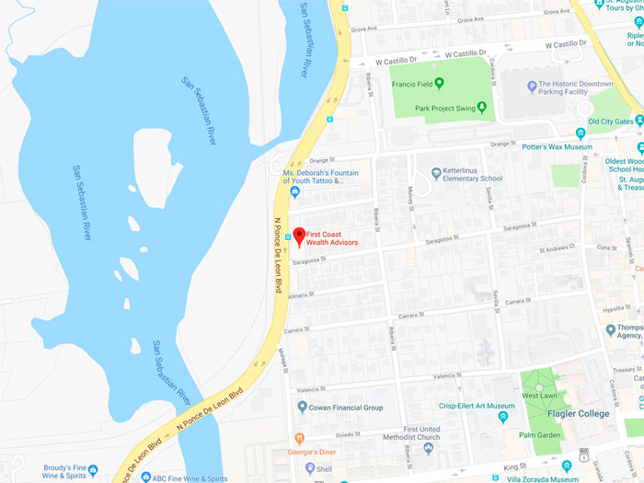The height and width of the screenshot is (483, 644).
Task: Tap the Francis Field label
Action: [412, 84]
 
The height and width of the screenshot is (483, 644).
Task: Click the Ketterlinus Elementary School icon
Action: [436, 173]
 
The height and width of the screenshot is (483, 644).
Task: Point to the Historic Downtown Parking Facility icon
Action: [532, 87]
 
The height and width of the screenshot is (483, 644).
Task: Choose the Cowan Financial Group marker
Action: [302, 407]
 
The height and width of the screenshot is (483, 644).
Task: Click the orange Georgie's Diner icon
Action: [299, 439]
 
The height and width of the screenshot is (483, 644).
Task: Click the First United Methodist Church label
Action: [421, 432]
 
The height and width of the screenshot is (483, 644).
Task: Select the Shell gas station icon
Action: [308, 468]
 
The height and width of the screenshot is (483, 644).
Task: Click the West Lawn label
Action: [540, 395]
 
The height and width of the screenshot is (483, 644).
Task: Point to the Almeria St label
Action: [299, 295]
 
